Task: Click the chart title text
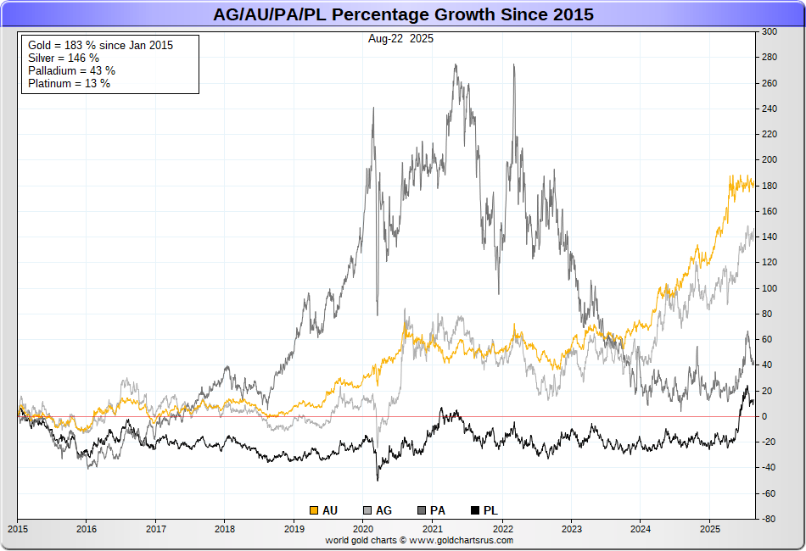[403, 14]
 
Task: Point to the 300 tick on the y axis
[770, 31]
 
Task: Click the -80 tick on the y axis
[769, 519]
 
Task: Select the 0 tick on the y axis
[764, 416]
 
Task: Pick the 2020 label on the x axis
[363, 528]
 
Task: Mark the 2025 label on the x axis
[710, 528]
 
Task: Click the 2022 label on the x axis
[502, 528]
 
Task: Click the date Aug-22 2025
[401, 39]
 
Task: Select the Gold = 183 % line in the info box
[100, 45]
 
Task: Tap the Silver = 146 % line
[64, 58]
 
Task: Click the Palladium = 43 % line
[71, 70]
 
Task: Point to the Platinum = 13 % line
[69, 83]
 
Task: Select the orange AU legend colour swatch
[314, 510]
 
